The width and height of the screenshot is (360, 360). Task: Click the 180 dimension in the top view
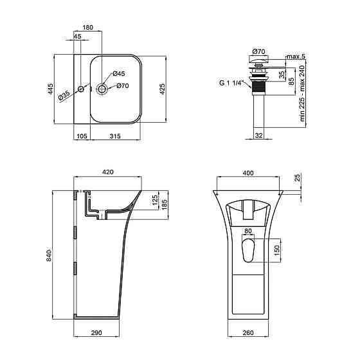coord(87,28)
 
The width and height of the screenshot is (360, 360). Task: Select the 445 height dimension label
coord(50,89)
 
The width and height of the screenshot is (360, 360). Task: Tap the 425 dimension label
coord(162,89)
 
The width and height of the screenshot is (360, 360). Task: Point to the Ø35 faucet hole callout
coord(64,95)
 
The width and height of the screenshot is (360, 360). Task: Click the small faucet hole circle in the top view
coord(81,89)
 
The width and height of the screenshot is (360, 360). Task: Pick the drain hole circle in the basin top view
coord(102,89)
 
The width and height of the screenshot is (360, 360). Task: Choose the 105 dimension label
coord(82,136)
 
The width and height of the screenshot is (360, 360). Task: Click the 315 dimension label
coord(115,136)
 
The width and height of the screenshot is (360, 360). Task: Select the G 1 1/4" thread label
coord(231,83)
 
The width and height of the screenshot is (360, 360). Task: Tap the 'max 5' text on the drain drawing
coord(296,57)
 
